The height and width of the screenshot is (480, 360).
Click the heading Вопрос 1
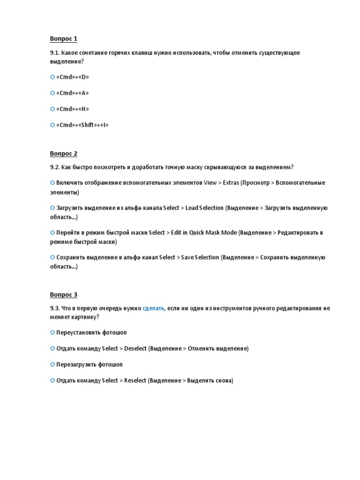[63, 38]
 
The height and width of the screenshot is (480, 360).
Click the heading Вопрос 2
[63, 153]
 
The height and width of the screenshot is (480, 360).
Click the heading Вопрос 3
[63, 294]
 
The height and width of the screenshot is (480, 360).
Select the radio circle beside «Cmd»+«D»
[52, 77]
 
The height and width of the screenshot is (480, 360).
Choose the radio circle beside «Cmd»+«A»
[52, 93]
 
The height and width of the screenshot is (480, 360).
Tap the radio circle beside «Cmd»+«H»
[52, 109]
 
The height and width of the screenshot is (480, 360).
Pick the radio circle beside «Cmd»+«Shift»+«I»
[52, 125]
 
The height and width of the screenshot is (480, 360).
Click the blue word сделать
[153, 308]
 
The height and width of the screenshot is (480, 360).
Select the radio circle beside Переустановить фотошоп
[52, 332]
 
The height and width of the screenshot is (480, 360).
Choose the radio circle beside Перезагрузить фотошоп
[52, 364]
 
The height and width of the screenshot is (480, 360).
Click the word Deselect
[135, 349]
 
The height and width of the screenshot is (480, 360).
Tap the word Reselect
[135, 381]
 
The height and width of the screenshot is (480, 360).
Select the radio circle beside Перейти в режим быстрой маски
[52, 232]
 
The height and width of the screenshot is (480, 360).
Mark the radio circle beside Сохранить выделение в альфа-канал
[52, 257]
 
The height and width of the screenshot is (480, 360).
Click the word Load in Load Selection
[192, 208]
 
